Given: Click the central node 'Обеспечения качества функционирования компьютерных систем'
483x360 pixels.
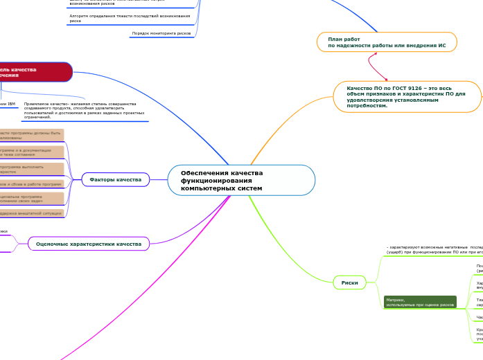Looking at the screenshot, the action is (241, 180).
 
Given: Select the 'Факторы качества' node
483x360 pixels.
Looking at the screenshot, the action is (115, 180).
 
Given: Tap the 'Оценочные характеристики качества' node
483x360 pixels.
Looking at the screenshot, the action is (89, 244).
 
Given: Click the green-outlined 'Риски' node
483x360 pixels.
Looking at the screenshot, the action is (350, 282).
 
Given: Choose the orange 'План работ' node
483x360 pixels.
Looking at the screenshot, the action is (387, 42).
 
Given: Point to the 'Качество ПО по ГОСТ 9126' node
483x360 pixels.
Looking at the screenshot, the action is (407, 97).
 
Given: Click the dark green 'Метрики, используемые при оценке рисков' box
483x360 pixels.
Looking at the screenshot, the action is (420, 302).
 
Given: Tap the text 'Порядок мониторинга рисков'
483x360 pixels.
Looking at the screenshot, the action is (161, 33).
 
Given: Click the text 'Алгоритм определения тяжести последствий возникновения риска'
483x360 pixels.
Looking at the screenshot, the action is (130, 18).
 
